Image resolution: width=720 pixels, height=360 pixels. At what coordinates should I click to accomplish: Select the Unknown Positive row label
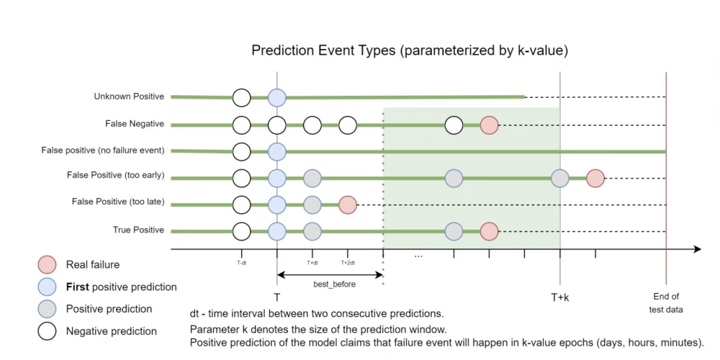129,96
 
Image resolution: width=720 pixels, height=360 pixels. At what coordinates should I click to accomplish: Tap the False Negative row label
135,124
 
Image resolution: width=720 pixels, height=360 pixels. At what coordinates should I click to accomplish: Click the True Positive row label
138,230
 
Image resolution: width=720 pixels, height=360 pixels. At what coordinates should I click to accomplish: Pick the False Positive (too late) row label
118,202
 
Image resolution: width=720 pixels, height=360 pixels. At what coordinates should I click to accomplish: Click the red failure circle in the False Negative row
489,125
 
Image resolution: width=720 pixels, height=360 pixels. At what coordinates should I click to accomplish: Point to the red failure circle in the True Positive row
489,231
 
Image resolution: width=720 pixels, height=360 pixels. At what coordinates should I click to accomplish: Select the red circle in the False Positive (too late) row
348,204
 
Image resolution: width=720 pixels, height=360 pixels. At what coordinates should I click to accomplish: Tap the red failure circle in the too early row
595,178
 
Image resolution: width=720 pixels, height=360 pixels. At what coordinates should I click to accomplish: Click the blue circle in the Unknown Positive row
277,97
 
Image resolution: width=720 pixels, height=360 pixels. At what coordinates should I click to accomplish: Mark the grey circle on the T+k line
560,178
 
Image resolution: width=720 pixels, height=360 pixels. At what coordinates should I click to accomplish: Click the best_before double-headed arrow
330,274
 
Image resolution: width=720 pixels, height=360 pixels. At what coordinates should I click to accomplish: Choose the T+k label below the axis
559,297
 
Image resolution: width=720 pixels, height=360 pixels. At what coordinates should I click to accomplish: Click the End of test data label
666,302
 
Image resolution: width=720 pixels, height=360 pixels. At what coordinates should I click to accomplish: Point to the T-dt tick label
242,263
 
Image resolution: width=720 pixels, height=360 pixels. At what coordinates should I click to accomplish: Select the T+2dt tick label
348,263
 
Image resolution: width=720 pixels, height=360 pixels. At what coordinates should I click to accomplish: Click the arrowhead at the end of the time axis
697,249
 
